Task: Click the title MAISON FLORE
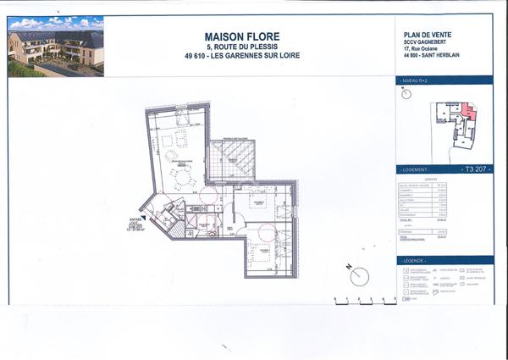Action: click(241, 36)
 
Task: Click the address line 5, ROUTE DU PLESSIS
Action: click(241, 47)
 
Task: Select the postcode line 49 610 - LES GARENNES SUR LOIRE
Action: click(241, 57)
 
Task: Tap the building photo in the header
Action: click(55, 47)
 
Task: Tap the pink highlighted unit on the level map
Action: click(468, 113)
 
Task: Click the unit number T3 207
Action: click(477, 169)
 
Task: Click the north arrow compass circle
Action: click(359, 277)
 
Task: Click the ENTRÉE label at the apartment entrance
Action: click(135, 219)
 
